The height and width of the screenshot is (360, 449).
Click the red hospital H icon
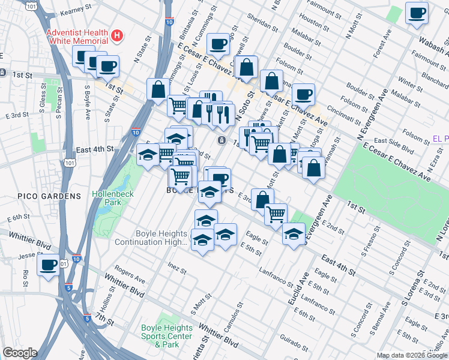(117, 36)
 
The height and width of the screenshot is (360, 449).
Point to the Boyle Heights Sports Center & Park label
(167, 336)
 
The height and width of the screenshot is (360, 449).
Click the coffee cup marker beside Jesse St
(48, 265)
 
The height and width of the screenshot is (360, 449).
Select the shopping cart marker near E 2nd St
(276, 213)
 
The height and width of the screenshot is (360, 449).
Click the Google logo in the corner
(20, 353)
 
